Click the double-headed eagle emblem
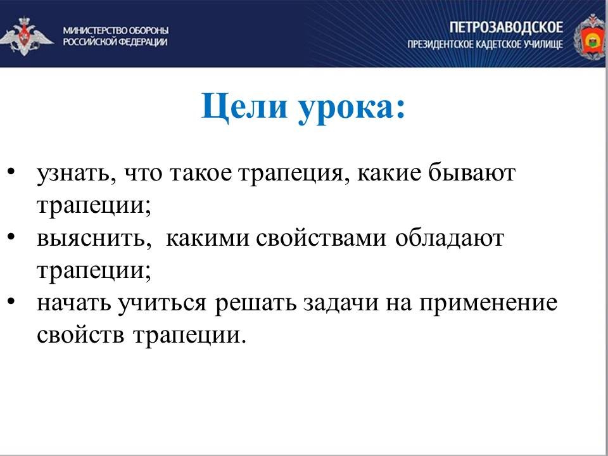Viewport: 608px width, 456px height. click(x=25, y=35)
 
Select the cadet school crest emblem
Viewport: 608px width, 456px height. click(x=590, y=37)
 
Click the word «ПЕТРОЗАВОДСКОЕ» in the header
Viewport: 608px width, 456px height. click(x=507, y=27)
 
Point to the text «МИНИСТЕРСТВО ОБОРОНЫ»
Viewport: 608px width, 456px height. click(x=116, y=30)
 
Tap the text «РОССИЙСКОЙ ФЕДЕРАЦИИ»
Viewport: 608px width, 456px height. click(x=115, y=42)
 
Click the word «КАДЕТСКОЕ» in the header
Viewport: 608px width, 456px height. click(x=498, y=44)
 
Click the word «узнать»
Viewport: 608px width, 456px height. click(x=77, y=174)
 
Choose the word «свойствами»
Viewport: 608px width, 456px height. click(x=320, y=238)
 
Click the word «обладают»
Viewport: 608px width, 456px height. click(x=450, y=237)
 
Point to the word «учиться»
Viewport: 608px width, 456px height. click(x=162, y=303)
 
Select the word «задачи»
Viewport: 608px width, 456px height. click(x=341, y=303)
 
